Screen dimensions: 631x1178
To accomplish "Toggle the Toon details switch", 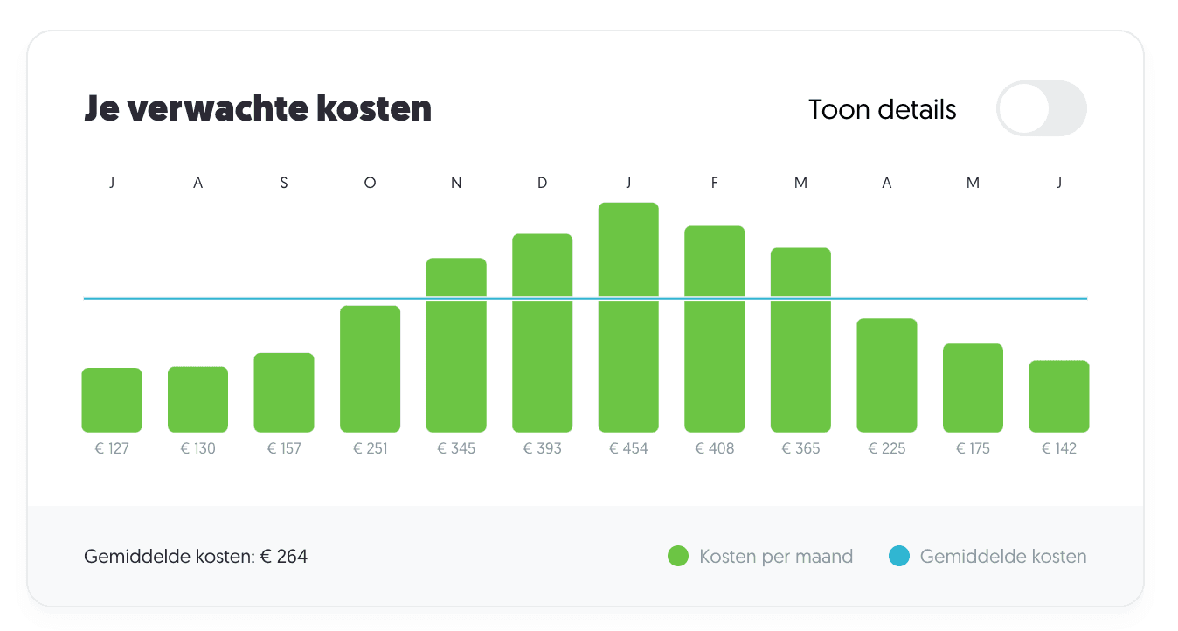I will pos(1041,109).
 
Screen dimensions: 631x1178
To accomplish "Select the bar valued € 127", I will pos(112,400).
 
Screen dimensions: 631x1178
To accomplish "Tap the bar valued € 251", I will pos(371,369).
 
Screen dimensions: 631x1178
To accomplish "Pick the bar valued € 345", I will pos(456,345).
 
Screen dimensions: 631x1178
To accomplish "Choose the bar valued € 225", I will pos(887,375).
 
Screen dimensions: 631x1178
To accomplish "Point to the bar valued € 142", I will pos(1059,396).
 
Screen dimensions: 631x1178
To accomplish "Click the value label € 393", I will pos(542,448).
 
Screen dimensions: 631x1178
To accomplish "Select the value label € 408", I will pos(715,448).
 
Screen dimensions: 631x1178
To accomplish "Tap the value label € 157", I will pos(284,448).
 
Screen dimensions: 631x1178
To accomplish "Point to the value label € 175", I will pos(973,448).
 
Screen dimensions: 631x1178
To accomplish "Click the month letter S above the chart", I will pos(284,184).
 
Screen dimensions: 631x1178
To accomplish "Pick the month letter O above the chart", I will pos(371,184).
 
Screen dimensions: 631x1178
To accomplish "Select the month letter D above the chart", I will pos(542,184).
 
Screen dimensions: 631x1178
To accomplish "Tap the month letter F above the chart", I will pos(715,184).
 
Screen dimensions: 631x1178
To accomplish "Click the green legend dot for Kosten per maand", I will pos(678,556).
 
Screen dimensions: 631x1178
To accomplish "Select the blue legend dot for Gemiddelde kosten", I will pos(899,556).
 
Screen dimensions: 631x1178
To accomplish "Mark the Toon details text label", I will pos(883,110).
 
